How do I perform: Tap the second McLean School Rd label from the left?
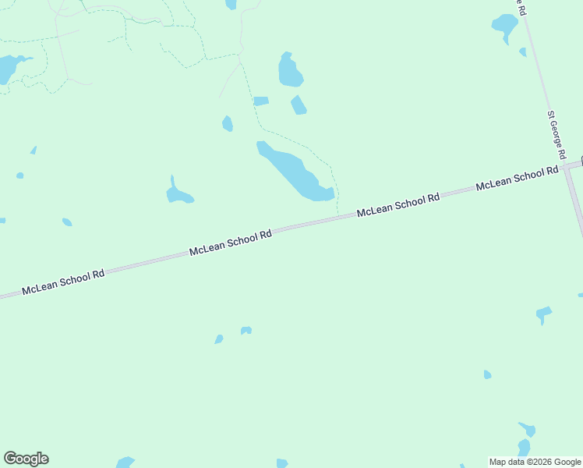(x=231, y=243)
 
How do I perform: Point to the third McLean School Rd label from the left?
(x=398, y=205)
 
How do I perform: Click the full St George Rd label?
(x=556, y=136)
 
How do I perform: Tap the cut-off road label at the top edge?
(x=520, y=6)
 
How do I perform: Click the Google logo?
(x=26, y=459)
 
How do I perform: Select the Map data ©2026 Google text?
(x=535, y=462)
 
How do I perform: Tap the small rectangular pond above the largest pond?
(x=261, y=101)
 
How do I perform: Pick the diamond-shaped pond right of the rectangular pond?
(x=299, y=105)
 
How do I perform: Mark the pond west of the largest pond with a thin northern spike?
(x=178, y=193)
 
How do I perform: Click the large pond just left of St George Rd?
(x=504, y=25)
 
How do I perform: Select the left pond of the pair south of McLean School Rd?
(x=219, y=339)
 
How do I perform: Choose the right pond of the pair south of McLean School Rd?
(x=246, y=331)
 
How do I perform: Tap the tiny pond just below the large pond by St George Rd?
(x=522, y=52)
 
